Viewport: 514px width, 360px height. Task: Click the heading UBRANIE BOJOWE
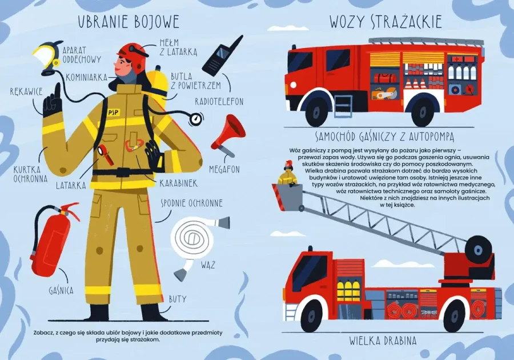tap(128, 22)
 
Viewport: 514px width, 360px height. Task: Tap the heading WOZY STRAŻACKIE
tap(385, 22)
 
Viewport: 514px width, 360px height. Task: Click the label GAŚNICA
tap(61, 290)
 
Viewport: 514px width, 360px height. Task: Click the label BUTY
tap(177, 299)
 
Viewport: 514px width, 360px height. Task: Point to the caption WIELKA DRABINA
tap(383, 341)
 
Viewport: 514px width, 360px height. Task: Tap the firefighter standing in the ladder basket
tap(287, 175)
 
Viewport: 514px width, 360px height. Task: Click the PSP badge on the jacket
tap(114, 113)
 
